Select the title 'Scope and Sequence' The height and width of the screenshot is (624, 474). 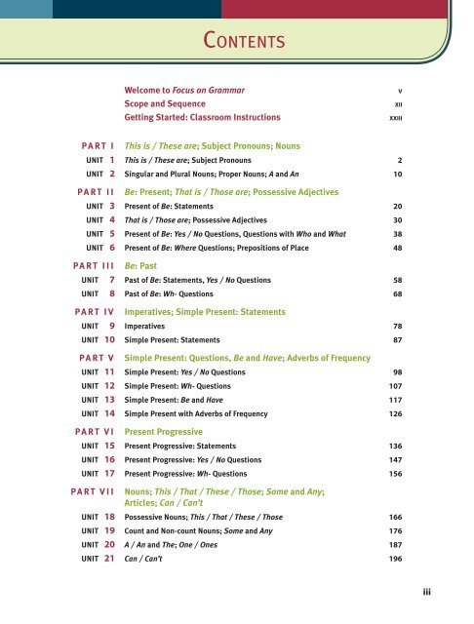tap(165, 102)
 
